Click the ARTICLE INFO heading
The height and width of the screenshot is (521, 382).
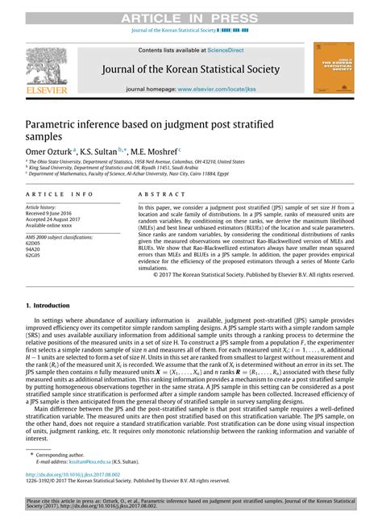(60, 194)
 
